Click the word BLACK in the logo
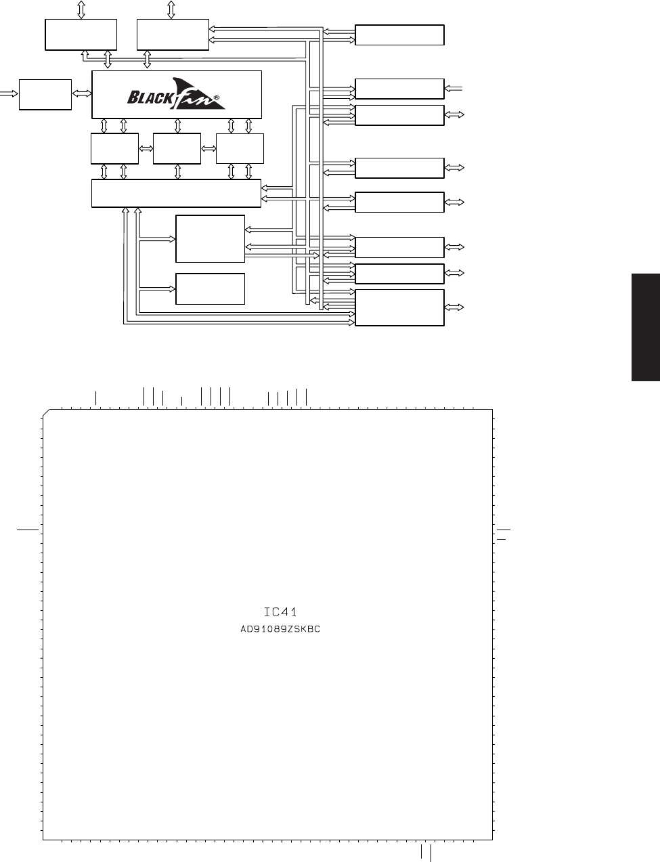click(150, 98)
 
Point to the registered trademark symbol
click(217, 98)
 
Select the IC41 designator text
click(280, 612)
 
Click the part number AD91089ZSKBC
click(280, 629)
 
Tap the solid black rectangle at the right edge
click(646, 327)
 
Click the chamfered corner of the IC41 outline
click(46, 412)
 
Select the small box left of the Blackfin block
click(45, 94)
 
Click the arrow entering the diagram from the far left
click(9, 93)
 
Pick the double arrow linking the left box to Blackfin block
click(82, 93)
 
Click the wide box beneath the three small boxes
click(177, 193)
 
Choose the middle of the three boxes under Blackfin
click(177, 148)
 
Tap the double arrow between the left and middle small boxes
click(146, 149)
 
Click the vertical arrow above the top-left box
click(81, 9)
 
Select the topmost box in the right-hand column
click(399, 35)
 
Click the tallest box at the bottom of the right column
click(399, 307)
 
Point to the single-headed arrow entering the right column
click(454, 89)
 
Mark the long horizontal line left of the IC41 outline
click(28, 530)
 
